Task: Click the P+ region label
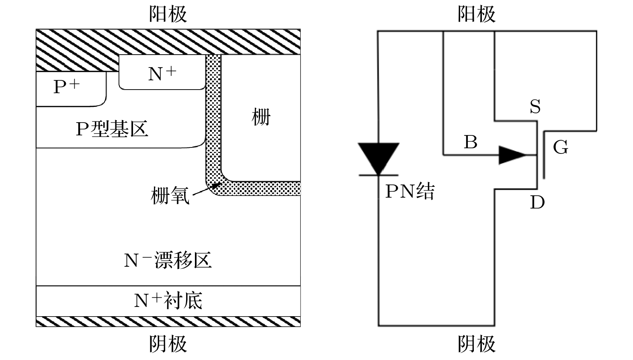point(67,86)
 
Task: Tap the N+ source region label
point(162,73)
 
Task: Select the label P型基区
point(112,129)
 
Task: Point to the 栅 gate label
point(261,117)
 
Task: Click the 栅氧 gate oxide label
point(170,196)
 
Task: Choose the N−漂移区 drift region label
point(168,260)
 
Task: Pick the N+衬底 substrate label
point(168,301)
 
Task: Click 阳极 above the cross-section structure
point(168,14)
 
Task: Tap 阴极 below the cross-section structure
point(168,344)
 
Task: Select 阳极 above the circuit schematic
point(476,14)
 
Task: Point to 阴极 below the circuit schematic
point(476,344)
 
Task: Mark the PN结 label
point(410,191)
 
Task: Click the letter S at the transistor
point(535,107)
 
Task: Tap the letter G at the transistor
point(560,147)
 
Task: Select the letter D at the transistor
point(537,202)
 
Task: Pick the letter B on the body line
point(470,142)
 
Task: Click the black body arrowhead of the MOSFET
point(511,155)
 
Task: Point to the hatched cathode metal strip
point(168,321)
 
